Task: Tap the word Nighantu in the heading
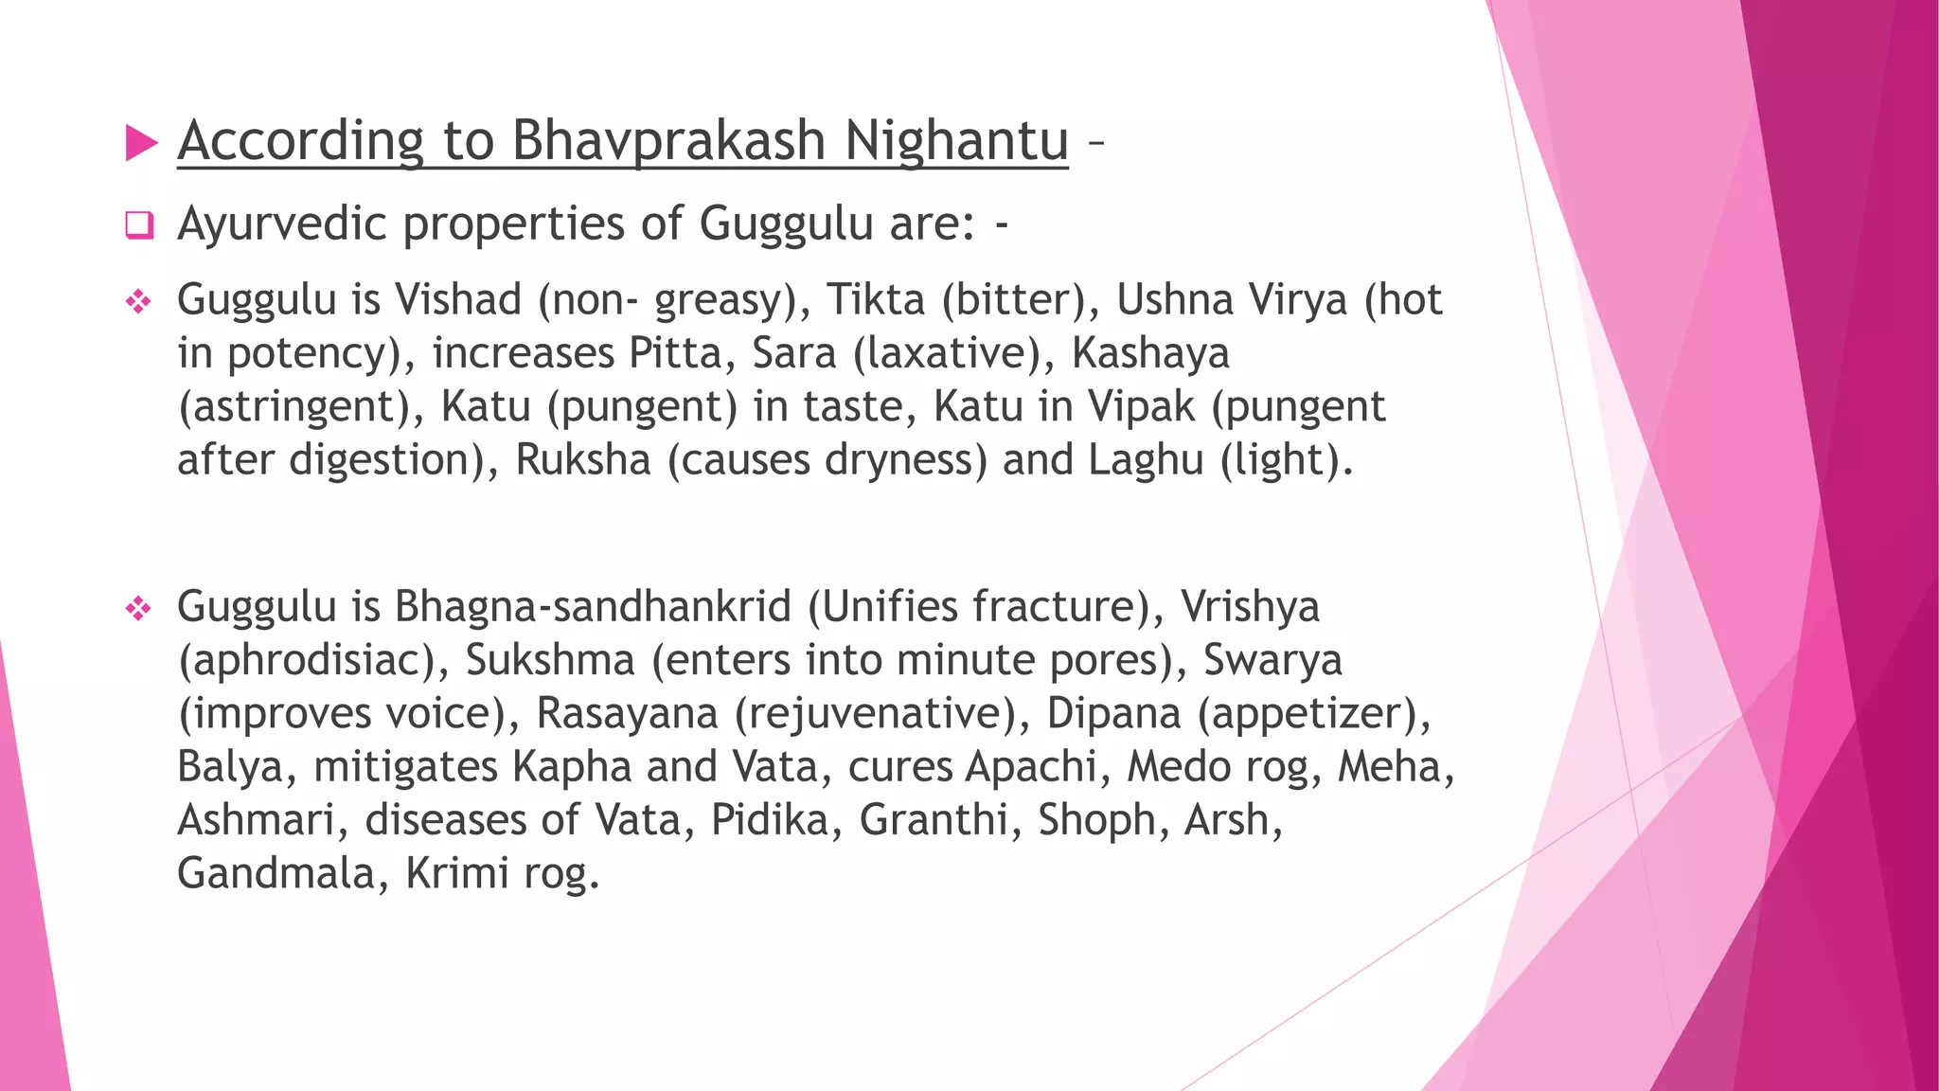(x=955, y=140)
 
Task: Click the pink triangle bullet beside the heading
(x=141, y=143)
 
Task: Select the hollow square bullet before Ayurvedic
(x=139, y=225)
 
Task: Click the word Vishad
(x=458, y=299)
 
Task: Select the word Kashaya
(x=1150, y=353)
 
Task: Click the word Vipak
(x=1142, y=406)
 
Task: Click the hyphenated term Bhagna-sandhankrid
(x=593, y=606)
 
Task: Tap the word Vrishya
(x=1250, y=606)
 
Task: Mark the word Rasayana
(x=627, y=713)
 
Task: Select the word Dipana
(x=1113, y=713)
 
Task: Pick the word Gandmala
(x=276, y=872)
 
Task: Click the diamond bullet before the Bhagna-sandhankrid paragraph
(x=139, y=608)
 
